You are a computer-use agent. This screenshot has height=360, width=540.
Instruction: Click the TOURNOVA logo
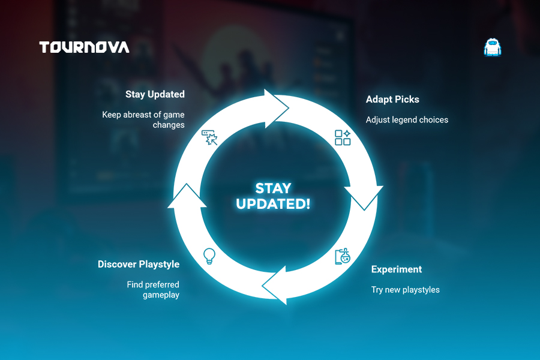(85, 47)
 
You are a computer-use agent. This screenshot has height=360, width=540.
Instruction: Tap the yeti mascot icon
(492, 47)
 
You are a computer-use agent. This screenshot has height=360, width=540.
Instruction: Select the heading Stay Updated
(155, 94)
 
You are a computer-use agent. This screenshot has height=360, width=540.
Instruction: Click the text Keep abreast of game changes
(143, 119)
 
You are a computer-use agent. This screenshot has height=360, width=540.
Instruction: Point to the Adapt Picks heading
(392, 100)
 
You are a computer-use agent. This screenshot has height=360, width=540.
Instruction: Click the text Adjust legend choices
(407, 119)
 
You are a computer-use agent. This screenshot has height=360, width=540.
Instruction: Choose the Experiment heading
(397, 269)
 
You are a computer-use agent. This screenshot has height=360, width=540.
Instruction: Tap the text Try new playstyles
(406, 290)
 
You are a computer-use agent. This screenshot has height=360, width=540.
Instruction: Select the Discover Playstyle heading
(139, 264)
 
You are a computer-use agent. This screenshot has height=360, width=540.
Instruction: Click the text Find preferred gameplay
(153, 290)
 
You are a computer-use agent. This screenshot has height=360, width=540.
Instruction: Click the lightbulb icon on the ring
(209, 256)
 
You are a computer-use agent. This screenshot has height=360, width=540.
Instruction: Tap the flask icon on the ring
(343, 256)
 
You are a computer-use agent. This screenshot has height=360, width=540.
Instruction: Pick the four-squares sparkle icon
(343, 137)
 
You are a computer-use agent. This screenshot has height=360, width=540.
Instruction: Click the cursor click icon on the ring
(209, 137)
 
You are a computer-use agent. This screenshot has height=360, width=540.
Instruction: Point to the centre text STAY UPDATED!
(273, 196)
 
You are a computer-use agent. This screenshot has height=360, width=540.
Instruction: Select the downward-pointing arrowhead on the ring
(364, 197)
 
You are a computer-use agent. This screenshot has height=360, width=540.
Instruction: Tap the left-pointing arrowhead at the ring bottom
(275, 286)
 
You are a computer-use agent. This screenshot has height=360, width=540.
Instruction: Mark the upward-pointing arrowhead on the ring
(187, 196)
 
